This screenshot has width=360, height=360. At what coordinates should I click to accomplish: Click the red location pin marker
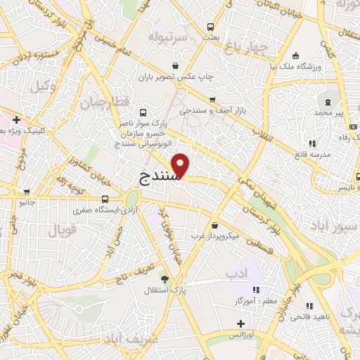(x=181, y=165)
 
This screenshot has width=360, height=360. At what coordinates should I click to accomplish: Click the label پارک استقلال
(x=164, y=290)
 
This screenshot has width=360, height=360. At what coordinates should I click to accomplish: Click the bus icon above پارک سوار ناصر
(x=143, y=112)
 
